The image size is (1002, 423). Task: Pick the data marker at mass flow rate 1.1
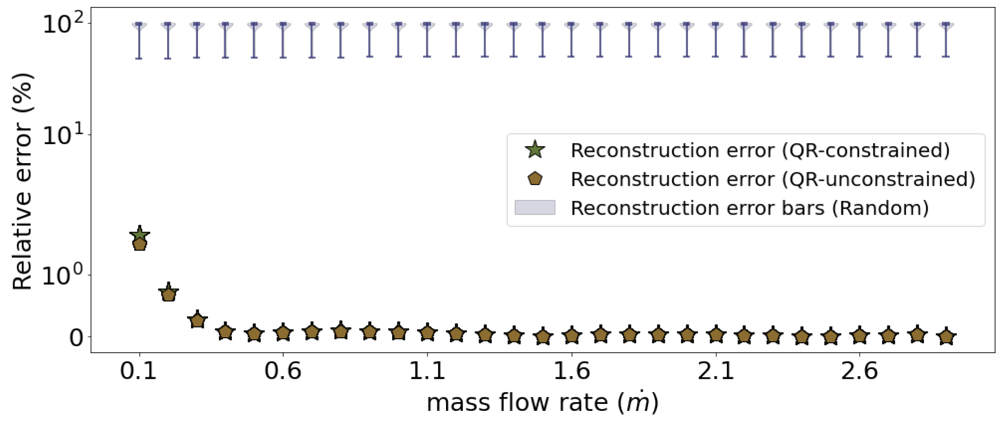point(427,333)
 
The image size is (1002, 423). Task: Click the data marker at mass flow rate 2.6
point(860,336)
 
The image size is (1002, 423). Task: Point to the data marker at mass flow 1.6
point(572,335)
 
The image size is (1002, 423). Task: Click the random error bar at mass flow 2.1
point(715,40)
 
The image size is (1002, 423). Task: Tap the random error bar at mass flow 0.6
point(283,40)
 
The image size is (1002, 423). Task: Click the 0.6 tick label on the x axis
point(283,371)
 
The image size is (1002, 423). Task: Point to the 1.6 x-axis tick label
point(572,371)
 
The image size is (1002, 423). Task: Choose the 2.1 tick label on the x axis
point(715,371)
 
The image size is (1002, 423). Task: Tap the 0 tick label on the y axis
point(76,338)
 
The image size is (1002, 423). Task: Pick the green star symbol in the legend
point(535,150)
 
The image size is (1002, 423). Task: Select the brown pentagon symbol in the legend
point(535,179)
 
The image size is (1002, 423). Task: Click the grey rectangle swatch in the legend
point(535,207)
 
